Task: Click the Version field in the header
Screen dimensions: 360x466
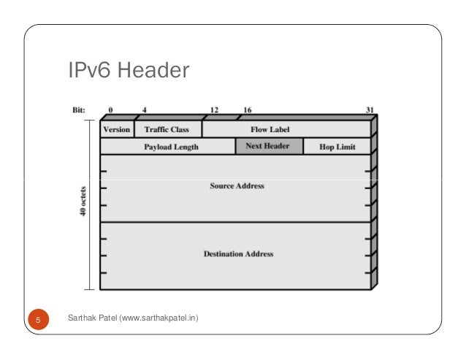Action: click(117, 130)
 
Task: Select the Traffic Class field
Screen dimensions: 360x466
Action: click(167, 130)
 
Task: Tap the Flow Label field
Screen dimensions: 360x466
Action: click(270, 130)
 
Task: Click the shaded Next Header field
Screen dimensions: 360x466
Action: click(267, 146)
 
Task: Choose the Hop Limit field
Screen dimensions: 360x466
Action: click(337, 147)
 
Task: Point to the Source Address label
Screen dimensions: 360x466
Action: click(237, 186)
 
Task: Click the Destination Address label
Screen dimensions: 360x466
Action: click(238, 254)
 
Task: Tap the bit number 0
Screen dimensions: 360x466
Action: click(111, 110)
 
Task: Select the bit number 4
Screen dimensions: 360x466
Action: click(145, 110)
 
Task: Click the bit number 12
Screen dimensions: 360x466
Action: click(214, 110)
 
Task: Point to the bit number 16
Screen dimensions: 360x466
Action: click(248, 110)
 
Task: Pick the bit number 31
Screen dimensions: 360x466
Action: click(370, 110)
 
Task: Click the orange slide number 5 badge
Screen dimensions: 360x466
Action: click(38, 319)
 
